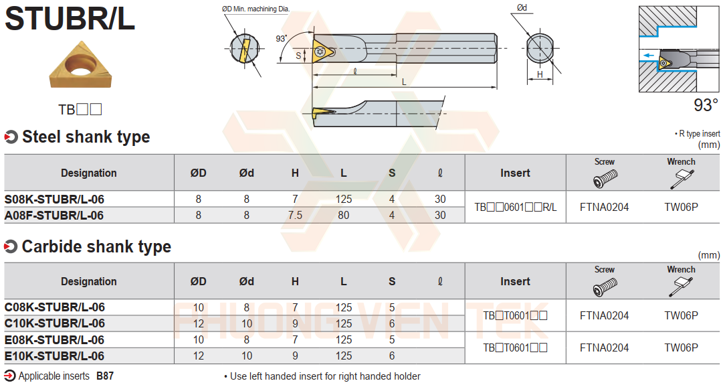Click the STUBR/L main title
(x=70, y=19)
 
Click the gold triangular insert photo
(x=80, y=66)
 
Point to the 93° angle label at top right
(x=705, y=105)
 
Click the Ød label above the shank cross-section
(x=522, y=8)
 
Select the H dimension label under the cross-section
(x=540, y=75)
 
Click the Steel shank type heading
(x=86, y=137)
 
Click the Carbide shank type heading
(x=96, y=246)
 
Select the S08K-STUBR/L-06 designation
(x=55, y=200)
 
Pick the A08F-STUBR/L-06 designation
(x=54, y=216)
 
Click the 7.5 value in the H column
(x=295, y=216)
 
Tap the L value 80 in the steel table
(x=343, y=216)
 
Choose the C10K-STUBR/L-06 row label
(x=55, y=323)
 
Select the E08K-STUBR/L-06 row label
(x=55, y=339)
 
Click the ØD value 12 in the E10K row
(x=199, y=356)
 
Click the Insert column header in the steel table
(x=515, y=173)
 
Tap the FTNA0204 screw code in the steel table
(x=604, y=208)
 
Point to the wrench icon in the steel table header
(x=680, y=179)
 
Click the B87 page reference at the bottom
(x=105, y=376)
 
